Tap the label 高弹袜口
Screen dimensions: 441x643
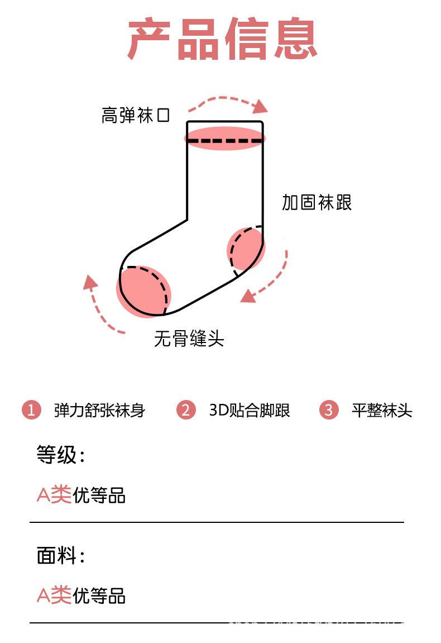(136, 115)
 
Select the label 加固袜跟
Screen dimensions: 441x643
(317, 202)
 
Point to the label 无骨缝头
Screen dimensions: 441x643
(189, 339)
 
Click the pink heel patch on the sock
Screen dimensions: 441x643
(246, 249)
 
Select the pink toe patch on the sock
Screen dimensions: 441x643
(143, 292)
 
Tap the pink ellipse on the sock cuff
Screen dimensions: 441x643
(224, 138)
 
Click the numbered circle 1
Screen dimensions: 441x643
(32, 409)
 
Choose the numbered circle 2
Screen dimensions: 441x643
(186, 409)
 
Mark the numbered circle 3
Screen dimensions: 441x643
(329, 409)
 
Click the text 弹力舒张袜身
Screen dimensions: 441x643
(99, 410)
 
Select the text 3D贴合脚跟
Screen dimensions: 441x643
(250, 410)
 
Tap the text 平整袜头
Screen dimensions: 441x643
(382, 410)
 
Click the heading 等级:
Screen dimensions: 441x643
(61, 455)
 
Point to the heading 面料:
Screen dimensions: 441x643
(61, 556)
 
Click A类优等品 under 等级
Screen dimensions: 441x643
(81, 494)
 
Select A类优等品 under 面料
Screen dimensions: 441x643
(81, 596)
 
